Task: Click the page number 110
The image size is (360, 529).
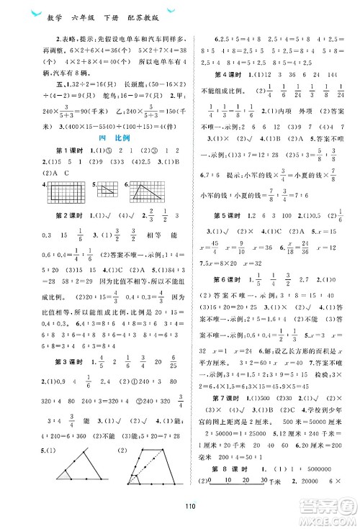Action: pos(180,514)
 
